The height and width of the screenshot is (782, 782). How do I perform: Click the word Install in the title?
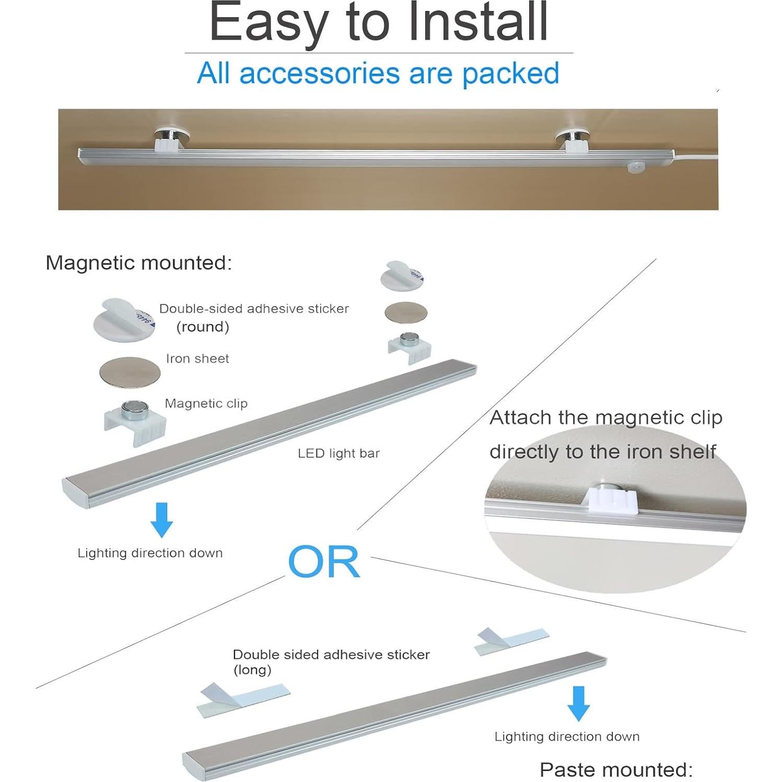(477, 23)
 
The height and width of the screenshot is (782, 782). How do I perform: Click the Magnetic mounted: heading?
(138, 263)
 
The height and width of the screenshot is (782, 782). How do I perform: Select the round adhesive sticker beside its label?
(124, 320)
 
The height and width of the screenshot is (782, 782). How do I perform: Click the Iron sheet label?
(197, 359)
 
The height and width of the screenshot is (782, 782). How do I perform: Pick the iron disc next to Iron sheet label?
(130, 372)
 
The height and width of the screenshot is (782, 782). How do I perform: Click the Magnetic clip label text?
(206, 404)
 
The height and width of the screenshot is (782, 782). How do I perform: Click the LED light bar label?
(339, 453)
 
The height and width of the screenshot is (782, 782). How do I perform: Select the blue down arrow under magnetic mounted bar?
(161, 520)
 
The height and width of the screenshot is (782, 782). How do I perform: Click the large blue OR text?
(324, 562)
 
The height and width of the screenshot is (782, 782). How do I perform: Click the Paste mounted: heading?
(616, 769)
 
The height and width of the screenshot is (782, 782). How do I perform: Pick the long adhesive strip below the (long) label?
(243, 699)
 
